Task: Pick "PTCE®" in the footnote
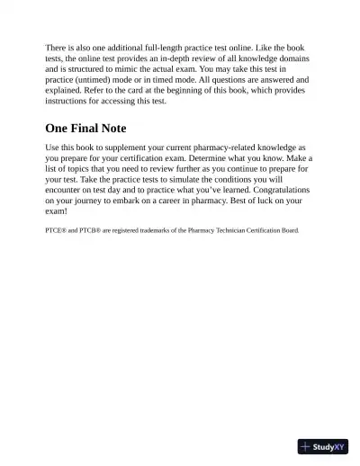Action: point(56,230)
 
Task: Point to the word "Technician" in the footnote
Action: point(238,230)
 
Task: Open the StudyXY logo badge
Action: point(323,446)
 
